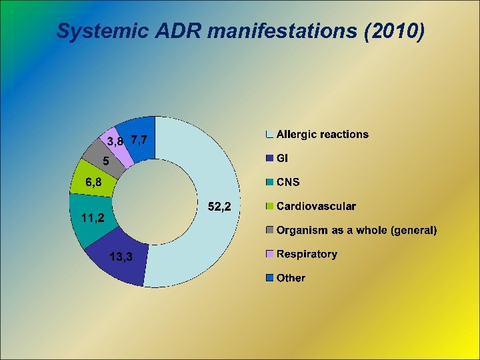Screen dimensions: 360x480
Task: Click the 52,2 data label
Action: tap(220, 208)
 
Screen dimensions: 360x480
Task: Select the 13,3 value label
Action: tap(120, 257)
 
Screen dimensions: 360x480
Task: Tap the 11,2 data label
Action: tap(88, 217)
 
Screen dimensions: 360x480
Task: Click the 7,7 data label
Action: tap(141, 140)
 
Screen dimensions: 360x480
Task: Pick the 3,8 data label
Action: tap(115, 141)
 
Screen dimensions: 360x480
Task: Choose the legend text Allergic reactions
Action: tap(322, 135)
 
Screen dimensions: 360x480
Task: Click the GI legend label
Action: tap(282, 159)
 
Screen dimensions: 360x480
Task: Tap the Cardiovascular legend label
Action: tap(316, 207)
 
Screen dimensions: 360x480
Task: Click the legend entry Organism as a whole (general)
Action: tap(357, 231)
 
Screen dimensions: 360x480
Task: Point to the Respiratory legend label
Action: tap(307, 254)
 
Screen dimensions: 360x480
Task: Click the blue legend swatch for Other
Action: tap(269, 278)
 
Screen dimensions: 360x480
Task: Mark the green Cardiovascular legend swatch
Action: tap(269, 207)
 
